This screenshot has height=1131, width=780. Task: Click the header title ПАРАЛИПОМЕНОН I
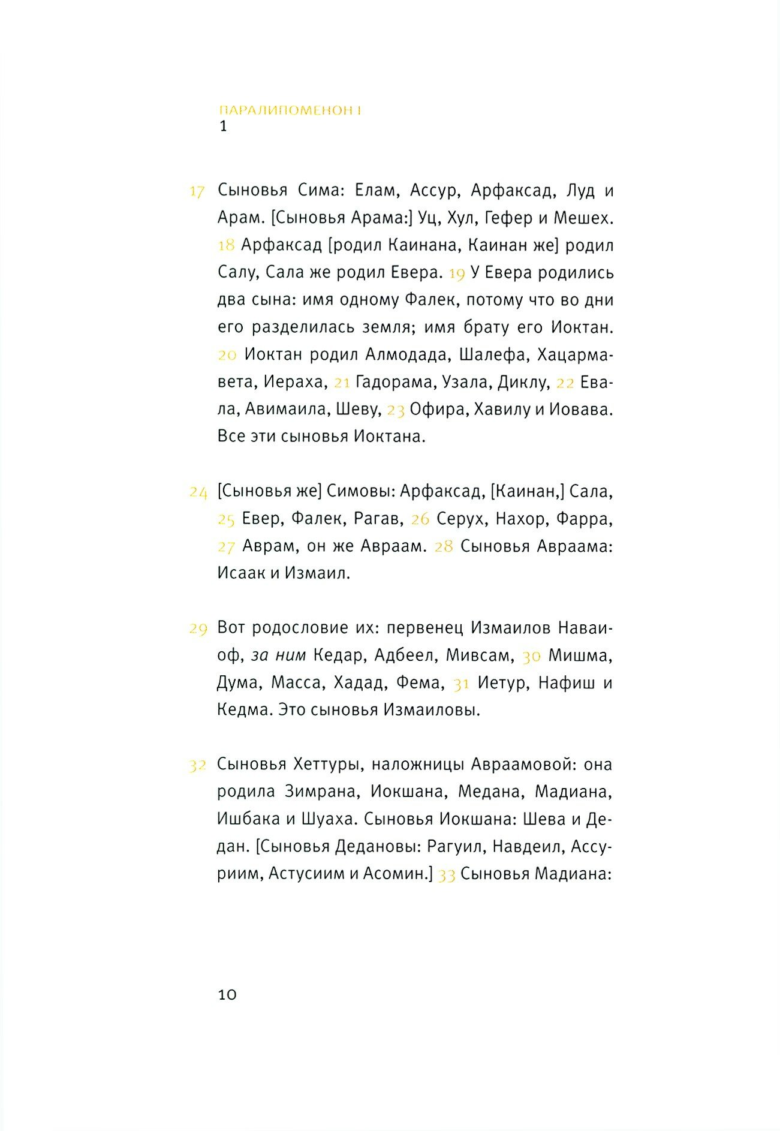(x=290, y=110)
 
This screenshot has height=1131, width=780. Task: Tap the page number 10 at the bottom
(x=227, y=994)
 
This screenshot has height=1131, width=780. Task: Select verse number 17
(x=197, y=192)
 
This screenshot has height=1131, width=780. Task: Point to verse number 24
(x=198, y=493)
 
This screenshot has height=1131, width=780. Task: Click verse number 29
(x=198, y=629)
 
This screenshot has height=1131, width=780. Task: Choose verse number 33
(x=447, y=876)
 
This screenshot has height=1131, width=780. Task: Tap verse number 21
(x=342, y=383)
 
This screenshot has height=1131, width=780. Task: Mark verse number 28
(x=444, y=547)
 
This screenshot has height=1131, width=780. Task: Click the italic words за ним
(x=279, y=655)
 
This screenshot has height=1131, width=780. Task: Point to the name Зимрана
(x=322, y=792)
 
